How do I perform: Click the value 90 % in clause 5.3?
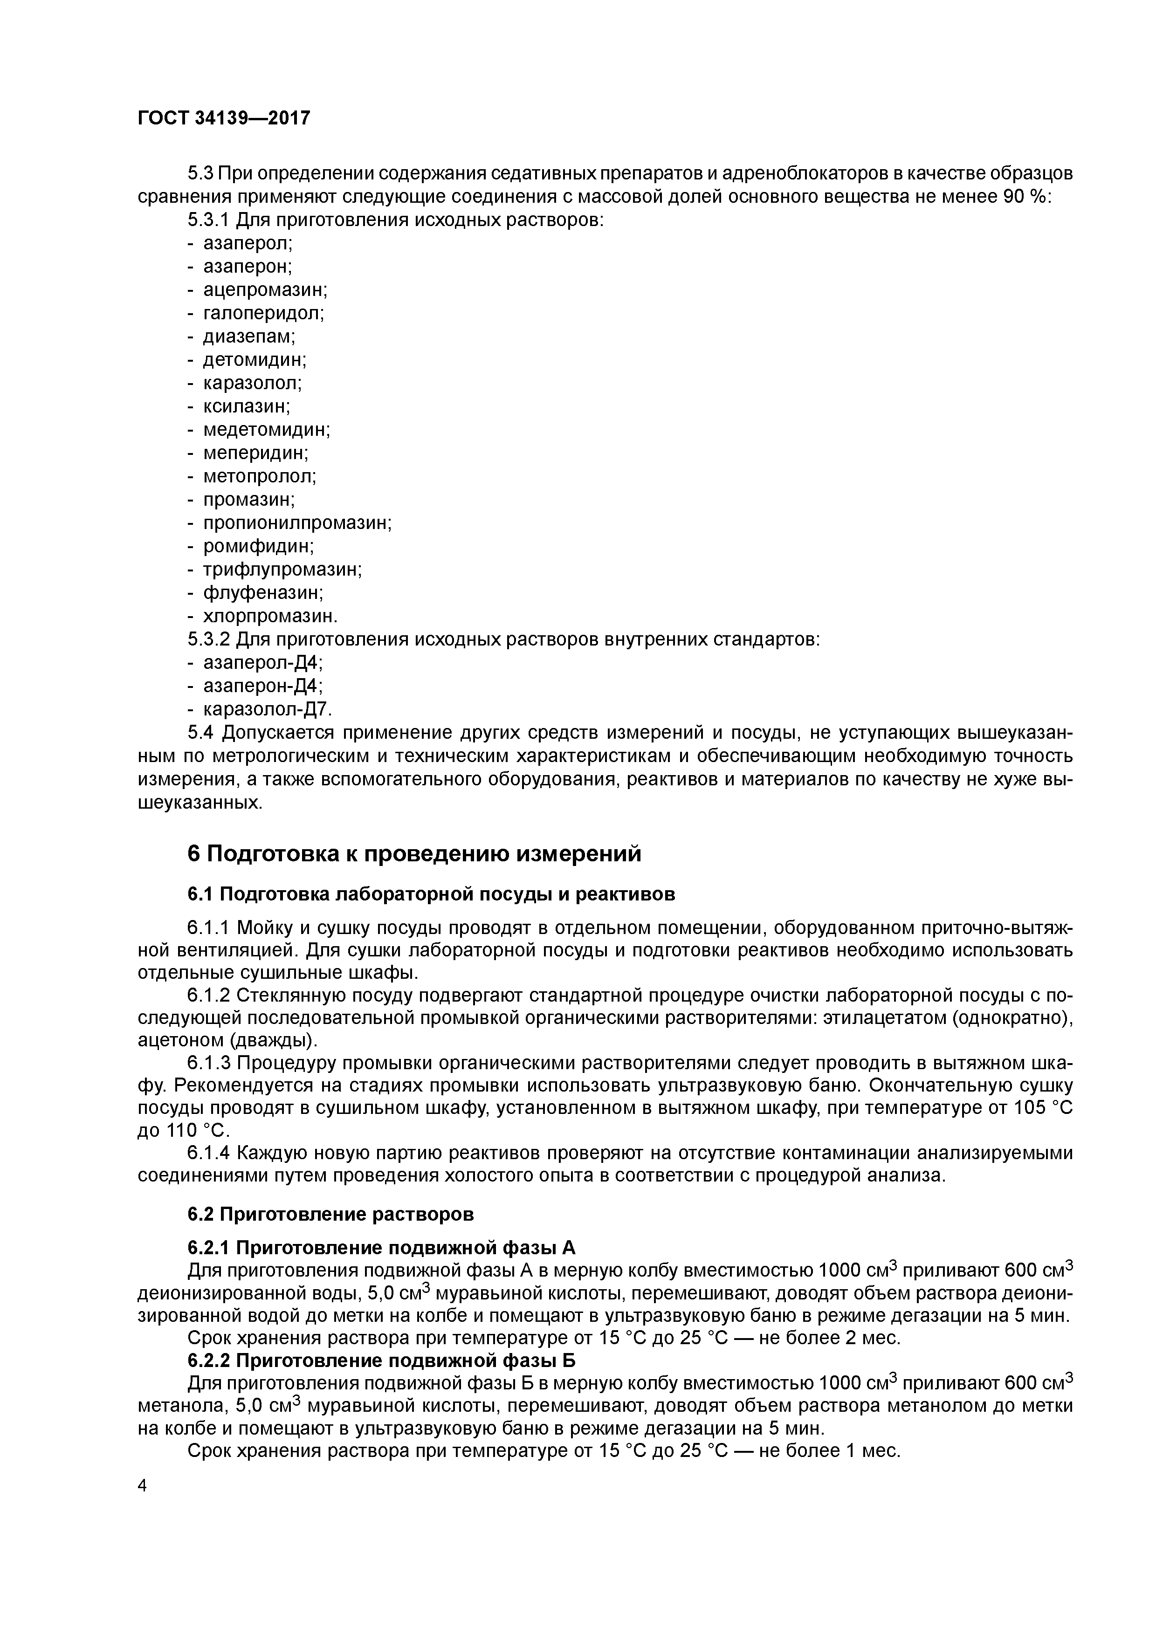(1026, 197)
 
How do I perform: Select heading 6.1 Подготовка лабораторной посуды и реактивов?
(431, 893)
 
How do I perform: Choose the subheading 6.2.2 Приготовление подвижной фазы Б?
(381, 1361)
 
